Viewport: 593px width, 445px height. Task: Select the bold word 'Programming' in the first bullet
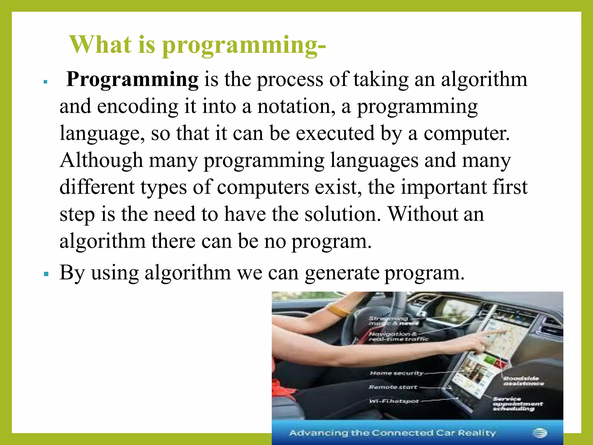pos(132,79)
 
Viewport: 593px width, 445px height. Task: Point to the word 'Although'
pos(101,160)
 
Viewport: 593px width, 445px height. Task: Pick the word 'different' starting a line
pos(97,187)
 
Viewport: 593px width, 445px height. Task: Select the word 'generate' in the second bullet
pos(342,273)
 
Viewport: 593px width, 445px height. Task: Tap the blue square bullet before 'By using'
pos(46,273)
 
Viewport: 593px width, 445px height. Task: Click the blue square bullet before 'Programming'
pos(45,82)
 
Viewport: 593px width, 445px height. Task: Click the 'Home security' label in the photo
pos(396,373)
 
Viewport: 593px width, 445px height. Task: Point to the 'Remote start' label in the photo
pos(393,387)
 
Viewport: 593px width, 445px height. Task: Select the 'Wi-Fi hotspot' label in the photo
pos(394,401)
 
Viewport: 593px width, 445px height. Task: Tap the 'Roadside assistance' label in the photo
pos(523,381)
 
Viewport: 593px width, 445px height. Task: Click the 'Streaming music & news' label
pos(392,321)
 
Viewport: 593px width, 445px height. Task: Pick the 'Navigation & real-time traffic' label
pos(398,337)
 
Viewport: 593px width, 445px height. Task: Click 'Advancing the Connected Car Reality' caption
pos(392,433)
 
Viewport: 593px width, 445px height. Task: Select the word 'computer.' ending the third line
pos(466,133)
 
